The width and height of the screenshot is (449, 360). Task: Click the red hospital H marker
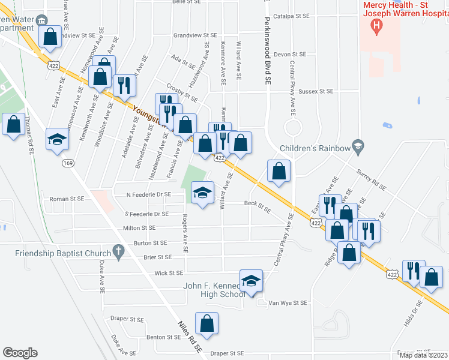376,25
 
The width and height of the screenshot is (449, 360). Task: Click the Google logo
20,353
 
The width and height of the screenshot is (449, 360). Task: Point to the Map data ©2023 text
423,355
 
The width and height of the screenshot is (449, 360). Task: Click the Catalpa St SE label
291,16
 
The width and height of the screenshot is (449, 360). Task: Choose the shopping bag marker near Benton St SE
206,324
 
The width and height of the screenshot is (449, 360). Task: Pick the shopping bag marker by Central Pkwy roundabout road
279,171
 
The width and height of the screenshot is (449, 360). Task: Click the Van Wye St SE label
288,303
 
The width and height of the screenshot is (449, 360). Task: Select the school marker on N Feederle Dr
203,192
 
